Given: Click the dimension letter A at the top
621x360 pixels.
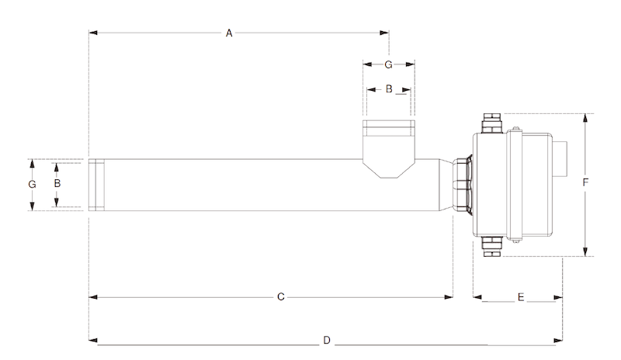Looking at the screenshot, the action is coord(229,33).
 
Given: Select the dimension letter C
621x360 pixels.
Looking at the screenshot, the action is coord(281,297).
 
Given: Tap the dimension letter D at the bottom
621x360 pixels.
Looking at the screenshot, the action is coord(327,340).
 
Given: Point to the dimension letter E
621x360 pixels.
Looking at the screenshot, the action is coord(521,297).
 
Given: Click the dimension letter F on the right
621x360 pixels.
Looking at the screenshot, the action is coord(585,182).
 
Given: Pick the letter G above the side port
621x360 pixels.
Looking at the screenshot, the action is coord(389,64).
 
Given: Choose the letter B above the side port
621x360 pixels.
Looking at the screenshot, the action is coord(389,89).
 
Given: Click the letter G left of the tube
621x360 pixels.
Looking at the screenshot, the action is coord(32,184).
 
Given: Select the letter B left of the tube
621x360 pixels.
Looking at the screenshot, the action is coord(57,183).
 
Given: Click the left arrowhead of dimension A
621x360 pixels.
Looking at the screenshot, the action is coord(93,33).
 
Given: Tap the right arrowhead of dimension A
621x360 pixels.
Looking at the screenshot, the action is coord(384,33).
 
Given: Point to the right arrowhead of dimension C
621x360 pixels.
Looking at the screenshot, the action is coord(449,297).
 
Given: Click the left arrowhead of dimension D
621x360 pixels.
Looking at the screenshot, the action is coord(93,340).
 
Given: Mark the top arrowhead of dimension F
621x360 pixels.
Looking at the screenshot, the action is coord(585,118).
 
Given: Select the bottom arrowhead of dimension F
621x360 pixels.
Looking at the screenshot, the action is coord(585,252).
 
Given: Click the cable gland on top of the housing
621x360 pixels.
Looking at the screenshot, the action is coord(491,123).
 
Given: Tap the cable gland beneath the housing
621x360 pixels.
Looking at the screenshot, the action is coord(491,247).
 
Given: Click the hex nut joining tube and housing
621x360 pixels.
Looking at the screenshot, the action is coord(462,185).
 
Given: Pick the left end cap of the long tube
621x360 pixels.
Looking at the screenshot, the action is coord(96,185).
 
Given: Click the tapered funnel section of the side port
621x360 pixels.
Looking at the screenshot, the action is coord(389,169).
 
